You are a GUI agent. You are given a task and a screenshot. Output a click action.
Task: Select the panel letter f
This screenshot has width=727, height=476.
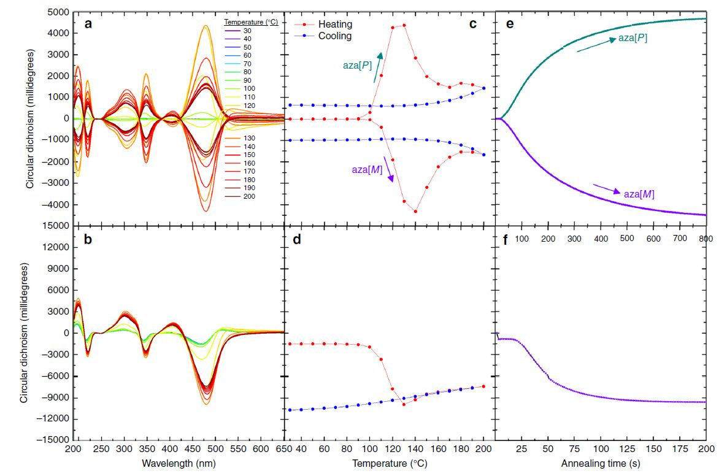[x=505, y=240]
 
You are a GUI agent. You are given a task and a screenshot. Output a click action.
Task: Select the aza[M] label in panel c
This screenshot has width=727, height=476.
[x=366, y=170]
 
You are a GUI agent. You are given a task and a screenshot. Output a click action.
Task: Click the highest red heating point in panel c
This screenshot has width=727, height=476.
[x=404, y=25]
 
